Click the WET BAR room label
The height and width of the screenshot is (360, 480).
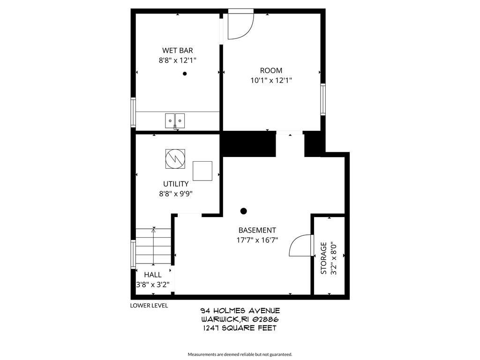(177, 51)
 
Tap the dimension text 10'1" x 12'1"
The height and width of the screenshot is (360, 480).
(271, 80)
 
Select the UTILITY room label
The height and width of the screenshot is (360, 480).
(176, 184)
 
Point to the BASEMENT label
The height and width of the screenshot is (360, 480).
(257, 230)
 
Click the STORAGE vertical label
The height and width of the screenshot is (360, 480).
(323, 258)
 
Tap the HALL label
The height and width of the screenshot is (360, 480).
(153, 275)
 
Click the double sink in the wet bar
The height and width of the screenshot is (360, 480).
(175, 120)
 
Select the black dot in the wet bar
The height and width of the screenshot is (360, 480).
(185, 74)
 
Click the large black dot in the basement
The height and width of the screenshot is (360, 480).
(243, 211)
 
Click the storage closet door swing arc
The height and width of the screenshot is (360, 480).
(299, 246)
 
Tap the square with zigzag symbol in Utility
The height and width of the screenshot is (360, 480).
(175, 158)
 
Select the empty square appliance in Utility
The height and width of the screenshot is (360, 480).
(202, 171)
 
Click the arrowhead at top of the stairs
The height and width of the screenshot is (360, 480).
(153, 230)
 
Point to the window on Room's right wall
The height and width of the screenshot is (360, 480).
(323, 99)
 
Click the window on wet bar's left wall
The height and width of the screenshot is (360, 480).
(133, 112)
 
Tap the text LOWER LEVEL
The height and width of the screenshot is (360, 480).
(149, 306)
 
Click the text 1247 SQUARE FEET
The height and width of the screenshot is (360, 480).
(240, 328)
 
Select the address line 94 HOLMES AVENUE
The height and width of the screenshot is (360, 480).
(240, 311)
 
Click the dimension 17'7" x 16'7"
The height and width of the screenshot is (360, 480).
(257, 240)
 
